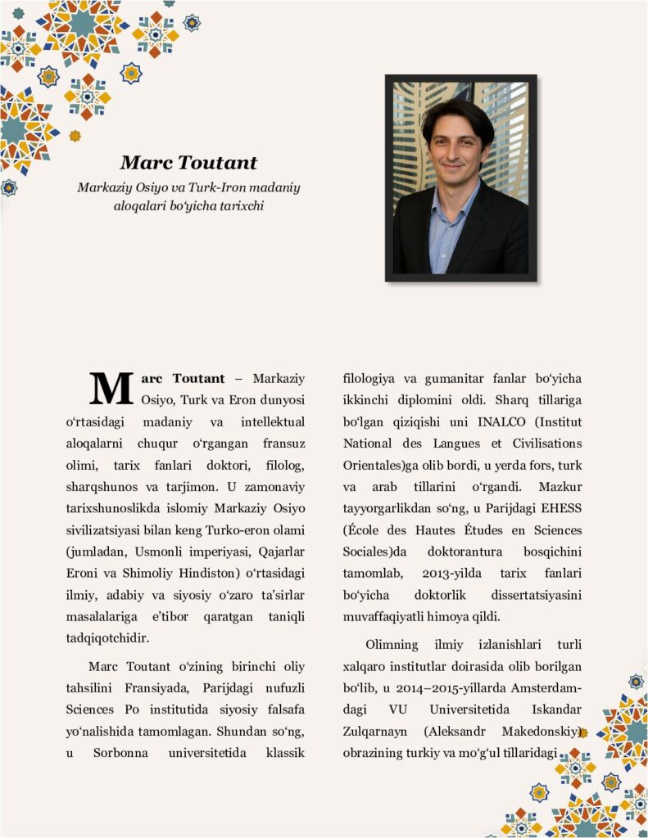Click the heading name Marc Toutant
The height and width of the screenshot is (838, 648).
click(188, 163)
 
